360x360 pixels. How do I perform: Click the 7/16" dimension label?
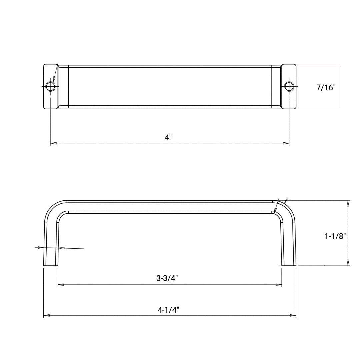coord(326,88)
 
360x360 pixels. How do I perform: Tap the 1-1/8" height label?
coord(335,236)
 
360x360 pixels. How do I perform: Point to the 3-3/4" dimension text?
coord(167,279)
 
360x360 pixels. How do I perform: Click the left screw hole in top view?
coord(51,86)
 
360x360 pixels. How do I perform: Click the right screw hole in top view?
coord(289,86)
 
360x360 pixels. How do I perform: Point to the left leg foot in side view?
coord(51,263)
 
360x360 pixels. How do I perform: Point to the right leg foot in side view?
coord(289,263)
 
